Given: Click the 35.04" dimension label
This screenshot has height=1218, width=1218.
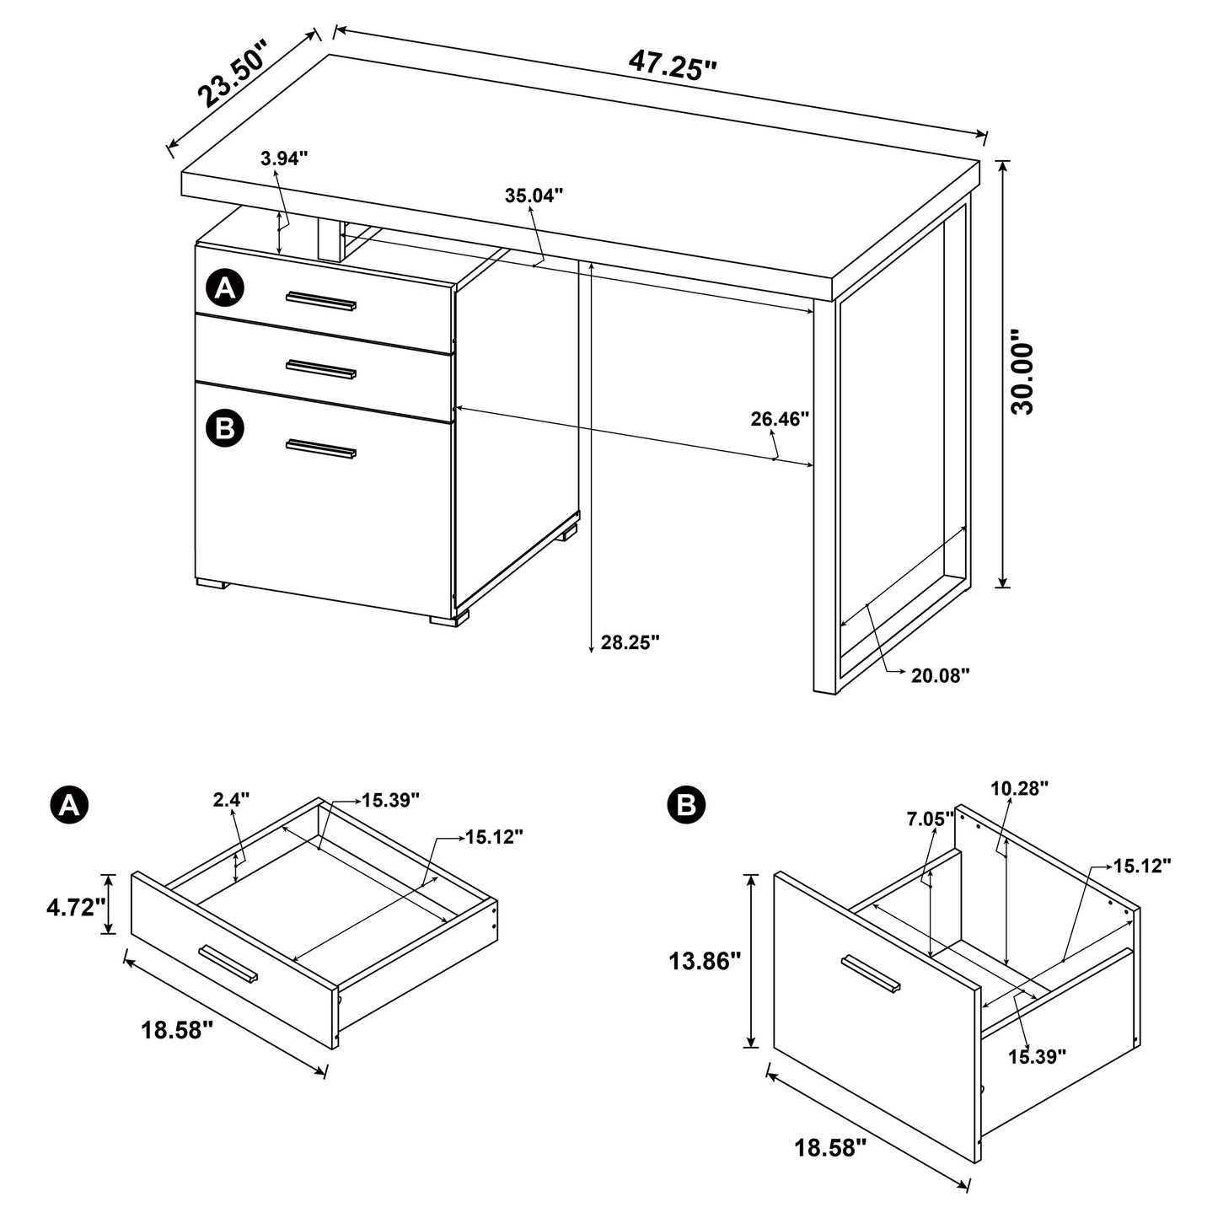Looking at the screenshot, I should (534, 196).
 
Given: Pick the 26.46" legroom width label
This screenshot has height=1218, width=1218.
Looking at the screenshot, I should (780, 418).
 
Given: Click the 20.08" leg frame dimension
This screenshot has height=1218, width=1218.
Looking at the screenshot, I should (940, 674).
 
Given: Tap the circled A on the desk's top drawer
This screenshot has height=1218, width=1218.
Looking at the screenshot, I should (224, 289).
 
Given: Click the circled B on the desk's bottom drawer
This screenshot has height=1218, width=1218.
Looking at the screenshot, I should (224, 428).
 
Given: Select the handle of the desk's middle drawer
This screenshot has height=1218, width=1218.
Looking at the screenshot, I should (320, 368).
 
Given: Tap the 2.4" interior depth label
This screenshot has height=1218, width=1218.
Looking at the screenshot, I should (231, 800).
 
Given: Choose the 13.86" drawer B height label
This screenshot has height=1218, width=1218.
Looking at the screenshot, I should (705, 960).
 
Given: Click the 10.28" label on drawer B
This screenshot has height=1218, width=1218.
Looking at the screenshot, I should (1019, 788).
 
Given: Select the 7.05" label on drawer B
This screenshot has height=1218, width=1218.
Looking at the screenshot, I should (931, 818).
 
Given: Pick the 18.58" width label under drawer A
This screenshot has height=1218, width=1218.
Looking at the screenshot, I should (178, 1030).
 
